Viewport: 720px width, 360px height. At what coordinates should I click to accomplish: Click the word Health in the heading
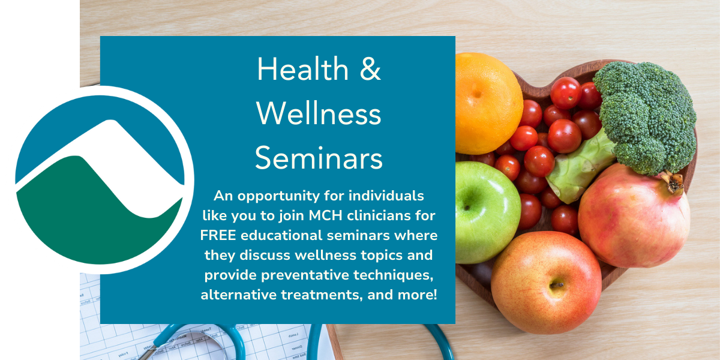click(x=302, y=69)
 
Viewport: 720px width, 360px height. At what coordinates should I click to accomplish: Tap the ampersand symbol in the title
click(x=370, y=69)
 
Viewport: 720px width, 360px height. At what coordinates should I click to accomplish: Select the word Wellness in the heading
click(x=319, y=114)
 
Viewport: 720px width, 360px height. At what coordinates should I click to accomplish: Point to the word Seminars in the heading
click(x=319, y=158)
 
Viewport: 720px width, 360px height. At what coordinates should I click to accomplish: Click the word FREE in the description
click(x=218, y=235)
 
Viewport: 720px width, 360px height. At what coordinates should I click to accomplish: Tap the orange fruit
click(x=488, y=103)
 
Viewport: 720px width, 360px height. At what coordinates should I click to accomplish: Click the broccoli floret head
click(x=646, y=116)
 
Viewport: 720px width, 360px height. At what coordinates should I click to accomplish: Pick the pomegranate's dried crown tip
click(x=673, y=182)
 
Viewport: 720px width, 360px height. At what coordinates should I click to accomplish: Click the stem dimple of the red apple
click(x=556, y=285)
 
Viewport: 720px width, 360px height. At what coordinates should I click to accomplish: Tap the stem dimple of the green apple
click(x=467, y=208)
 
